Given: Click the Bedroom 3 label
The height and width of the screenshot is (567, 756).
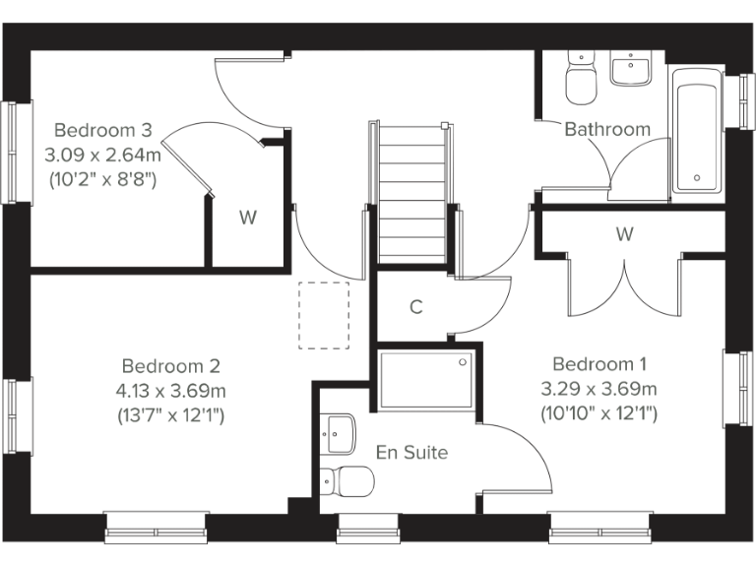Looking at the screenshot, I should (102, 130).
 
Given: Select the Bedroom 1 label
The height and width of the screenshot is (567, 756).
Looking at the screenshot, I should (599, 363).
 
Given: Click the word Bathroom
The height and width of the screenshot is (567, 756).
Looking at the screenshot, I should (606, 129).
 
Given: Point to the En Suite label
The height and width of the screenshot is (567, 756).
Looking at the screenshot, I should (411, 453).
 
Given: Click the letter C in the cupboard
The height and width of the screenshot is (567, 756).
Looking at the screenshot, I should (416, 307).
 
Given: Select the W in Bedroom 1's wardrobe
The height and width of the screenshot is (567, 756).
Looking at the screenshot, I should (624, 234).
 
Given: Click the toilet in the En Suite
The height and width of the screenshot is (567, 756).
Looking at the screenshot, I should (347, 481).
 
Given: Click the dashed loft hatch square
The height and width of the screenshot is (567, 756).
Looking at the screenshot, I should (324, 316).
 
